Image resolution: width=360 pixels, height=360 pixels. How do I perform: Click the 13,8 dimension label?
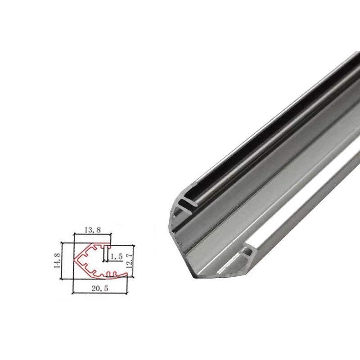tap(93, 230)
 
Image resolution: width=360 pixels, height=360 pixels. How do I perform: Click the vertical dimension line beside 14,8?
tap(62, 261)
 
